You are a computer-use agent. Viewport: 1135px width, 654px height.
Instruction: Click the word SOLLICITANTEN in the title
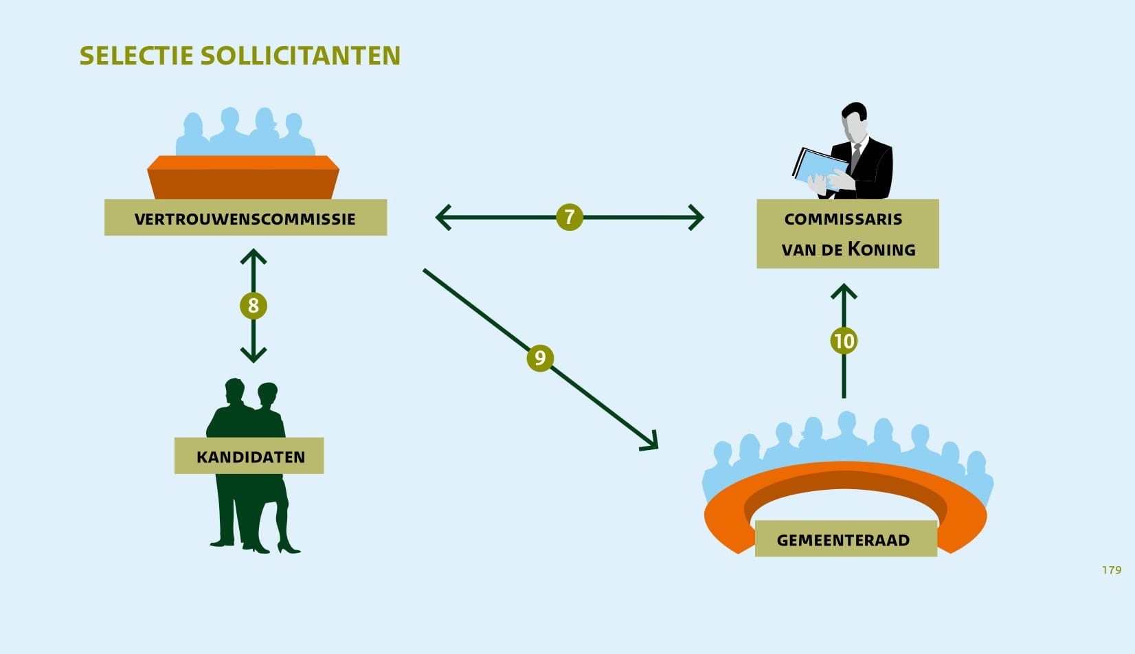[300, 56]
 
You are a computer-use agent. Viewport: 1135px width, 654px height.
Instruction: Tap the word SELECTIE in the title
[136, 56]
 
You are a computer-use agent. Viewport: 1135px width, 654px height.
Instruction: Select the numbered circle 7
[569, 217]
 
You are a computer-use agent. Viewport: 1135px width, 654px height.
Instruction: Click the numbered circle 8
[254, 305]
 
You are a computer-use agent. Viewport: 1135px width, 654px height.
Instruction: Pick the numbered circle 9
[540, 358]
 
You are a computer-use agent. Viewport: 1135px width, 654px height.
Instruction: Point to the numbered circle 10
[844, 341]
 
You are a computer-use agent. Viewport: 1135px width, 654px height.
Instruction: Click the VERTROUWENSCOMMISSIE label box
[245, 218]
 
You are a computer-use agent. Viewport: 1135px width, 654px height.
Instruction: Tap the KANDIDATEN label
[249, 456]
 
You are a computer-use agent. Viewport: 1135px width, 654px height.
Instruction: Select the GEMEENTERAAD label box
[845, 539]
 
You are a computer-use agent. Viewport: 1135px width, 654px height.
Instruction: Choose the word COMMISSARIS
[843, 219]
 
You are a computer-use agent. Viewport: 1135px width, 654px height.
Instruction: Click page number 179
[1111, 570]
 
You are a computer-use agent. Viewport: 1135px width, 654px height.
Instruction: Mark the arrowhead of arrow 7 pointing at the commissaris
[697, 217]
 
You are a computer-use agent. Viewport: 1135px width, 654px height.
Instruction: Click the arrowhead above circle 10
[844, 291]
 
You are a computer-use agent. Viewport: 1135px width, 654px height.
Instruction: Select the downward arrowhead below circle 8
[254, 355]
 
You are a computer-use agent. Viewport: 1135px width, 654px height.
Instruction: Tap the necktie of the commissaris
[856, 157]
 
